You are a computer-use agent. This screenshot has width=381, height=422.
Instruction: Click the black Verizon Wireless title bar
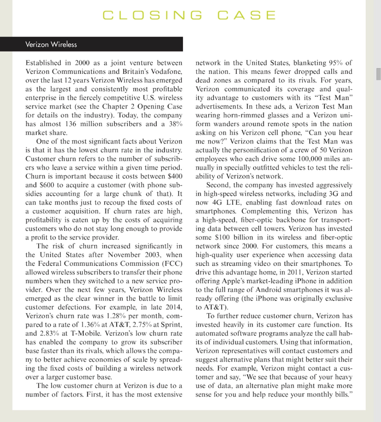(x=98, y=44)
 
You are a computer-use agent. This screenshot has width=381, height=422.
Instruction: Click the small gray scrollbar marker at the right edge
(x=378, y=74)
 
